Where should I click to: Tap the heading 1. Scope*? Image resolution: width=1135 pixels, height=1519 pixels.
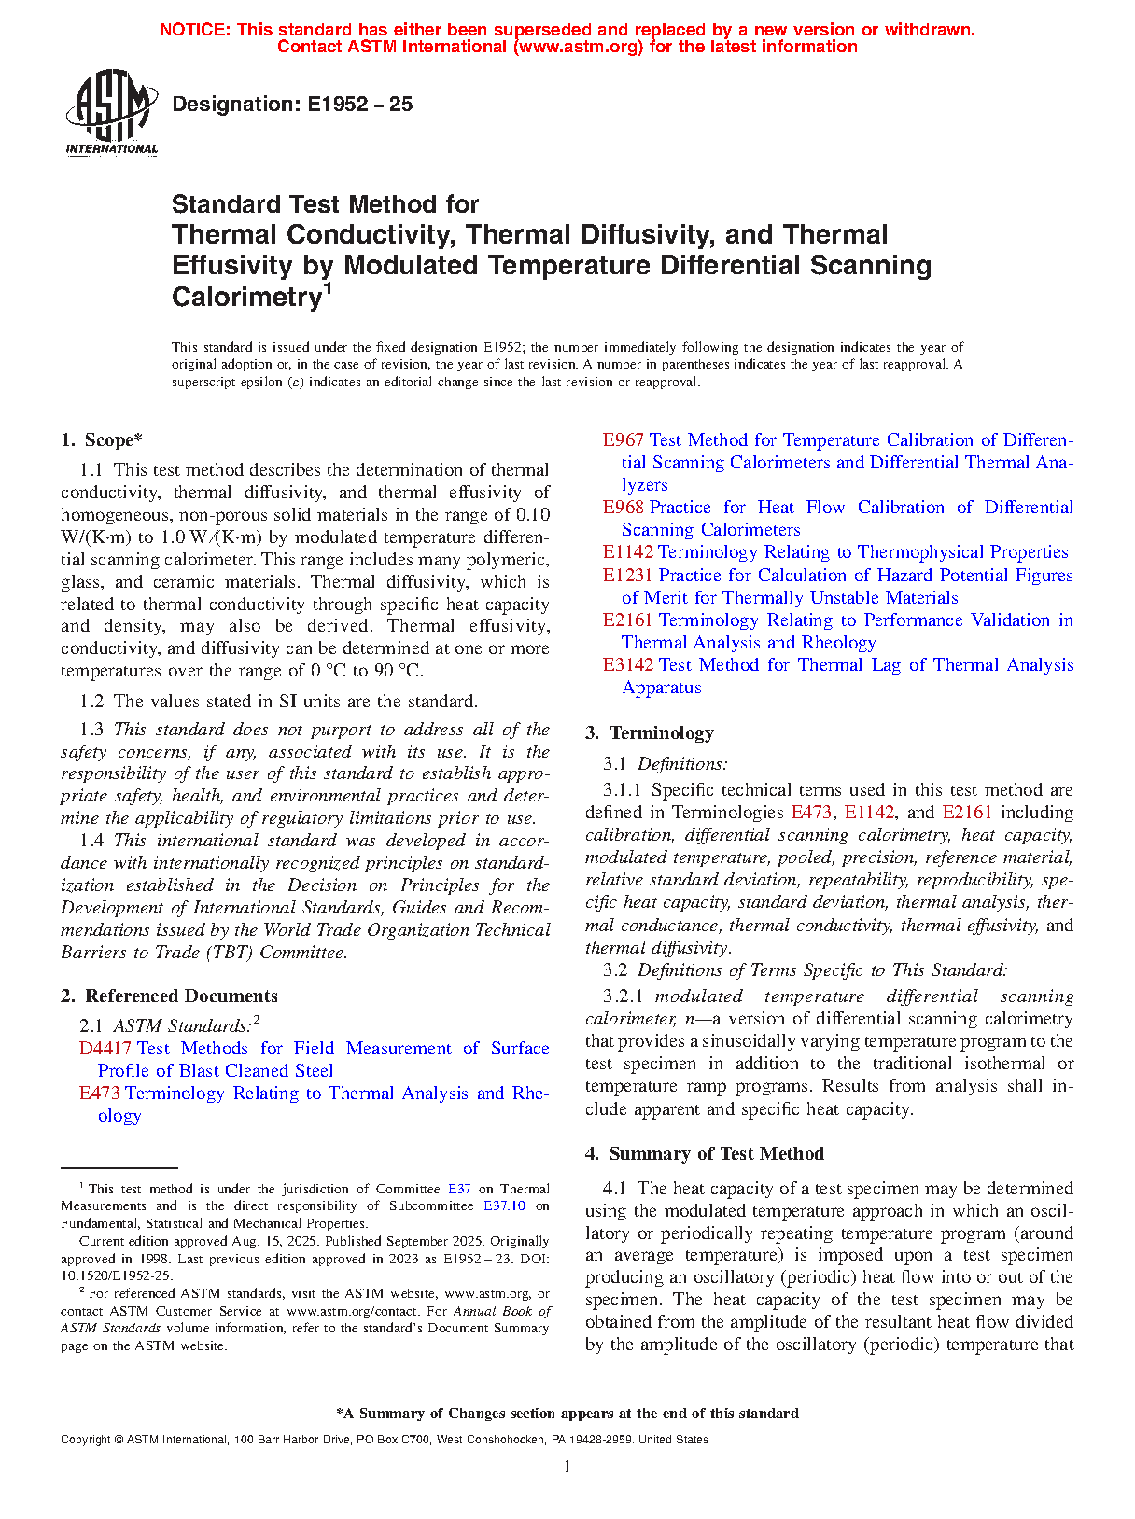[x=102, y=440]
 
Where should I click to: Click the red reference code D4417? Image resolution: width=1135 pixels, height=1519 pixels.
[x=105, y=1049]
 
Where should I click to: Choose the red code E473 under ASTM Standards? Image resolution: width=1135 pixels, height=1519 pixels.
[x=99, y=1094]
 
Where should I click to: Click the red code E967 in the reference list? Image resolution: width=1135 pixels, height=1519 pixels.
[x=623, y=440]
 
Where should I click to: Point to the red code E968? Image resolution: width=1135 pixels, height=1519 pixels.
[x=623, y=508]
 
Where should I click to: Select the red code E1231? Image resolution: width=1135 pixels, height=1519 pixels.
[x=627, y=576]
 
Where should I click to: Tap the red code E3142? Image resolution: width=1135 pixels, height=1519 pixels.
[x=627, y=665]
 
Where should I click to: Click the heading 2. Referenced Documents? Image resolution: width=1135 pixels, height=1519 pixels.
[x=169, y=996]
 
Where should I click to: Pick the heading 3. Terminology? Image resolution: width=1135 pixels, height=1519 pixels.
[x=650, y=733]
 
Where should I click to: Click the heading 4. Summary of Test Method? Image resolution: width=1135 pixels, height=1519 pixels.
[x=705, y=1154]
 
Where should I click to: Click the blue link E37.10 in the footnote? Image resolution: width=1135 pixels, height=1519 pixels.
[x=504, y=1206]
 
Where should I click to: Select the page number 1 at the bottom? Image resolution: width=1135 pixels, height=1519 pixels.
[x=567, y=1468]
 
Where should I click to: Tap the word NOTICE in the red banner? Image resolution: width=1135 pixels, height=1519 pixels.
[x=194, y=30]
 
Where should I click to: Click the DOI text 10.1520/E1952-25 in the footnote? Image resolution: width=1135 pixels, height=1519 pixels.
[x=116, y=1275]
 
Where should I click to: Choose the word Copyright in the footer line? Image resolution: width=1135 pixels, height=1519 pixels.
[x=86, y=1440]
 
